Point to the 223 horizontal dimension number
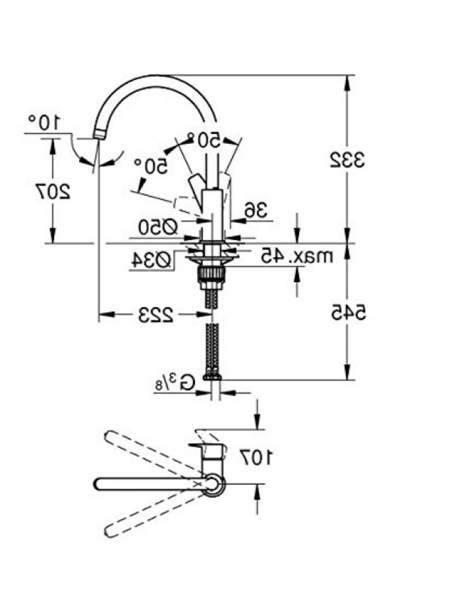point(156,315)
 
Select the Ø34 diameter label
point(151,260)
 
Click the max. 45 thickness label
point(296,256)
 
